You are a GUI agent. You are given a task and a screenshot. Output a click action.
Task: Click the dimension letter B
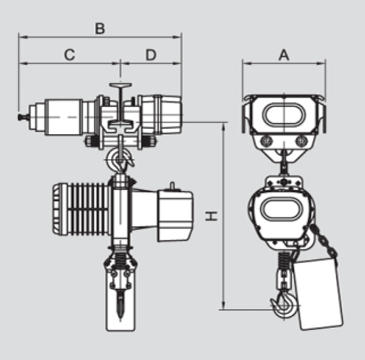[x=99, y=28]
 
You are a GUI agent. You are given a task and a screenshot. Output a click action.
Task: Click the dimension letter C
[x=70, y=55]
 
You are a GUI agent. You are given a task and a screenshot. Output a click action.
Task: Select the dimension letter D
[x=150, y=55]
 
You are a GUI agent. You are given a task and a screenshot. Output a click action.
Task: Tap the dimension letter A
[x=284, y=55]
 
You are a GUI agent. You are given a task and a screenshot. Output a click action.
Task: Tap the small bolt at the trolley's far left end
[x=22, y=118]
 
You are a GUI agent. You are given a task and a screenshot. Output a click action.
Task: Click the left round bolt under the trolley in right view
[x=266, y=141]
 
